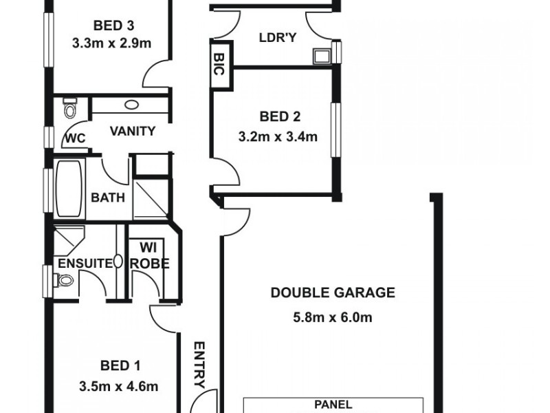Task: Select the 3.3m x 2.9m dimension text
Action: coord(111,43)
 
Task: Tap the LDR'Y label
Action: coord(278,37)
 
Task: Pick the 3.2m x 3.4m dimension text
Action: coord(278,136)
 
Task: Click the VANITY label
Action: coord(132,131)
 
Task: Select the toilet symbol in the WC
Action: coord(69,109)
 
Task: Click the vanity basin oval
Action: coord(131,105)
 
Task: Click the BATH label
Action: coord(108,198)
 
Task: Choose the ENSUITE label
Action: coord(81,262)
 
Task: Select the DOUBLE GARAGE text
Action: coord(333,293)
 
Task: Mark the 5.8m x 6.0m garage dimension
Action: coord(333,317)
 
